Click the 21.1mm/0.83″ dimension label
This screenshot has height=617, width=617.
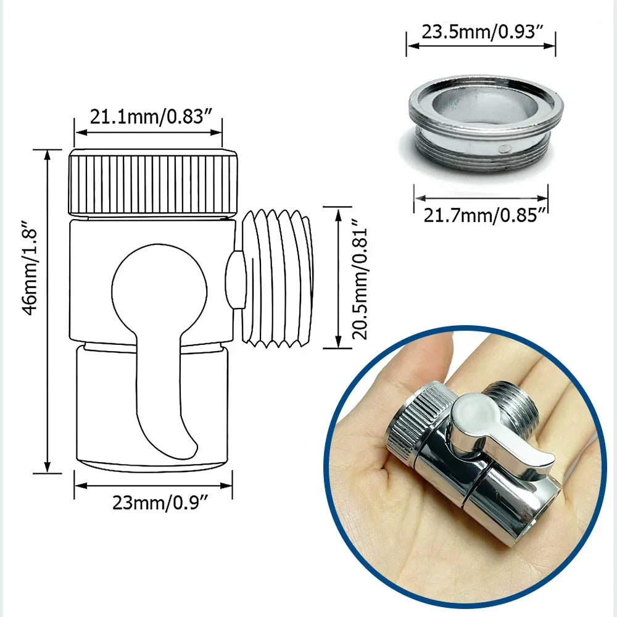pos(147,117)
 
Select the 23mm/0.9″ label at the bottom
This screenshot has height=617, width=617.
pos(154,503)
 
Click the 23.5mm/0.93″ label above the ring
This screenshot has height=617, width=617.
pos(481,32)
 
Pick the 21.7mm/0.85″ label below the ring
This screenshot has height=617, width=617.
pos(481,215)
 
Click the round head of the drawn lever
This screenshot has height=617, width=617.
pos(159,290)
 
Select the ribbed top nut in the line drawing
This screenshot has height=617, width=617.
pos(152,183)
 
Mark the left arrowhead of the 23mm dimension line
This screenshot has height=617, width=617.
pos(77,485)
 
